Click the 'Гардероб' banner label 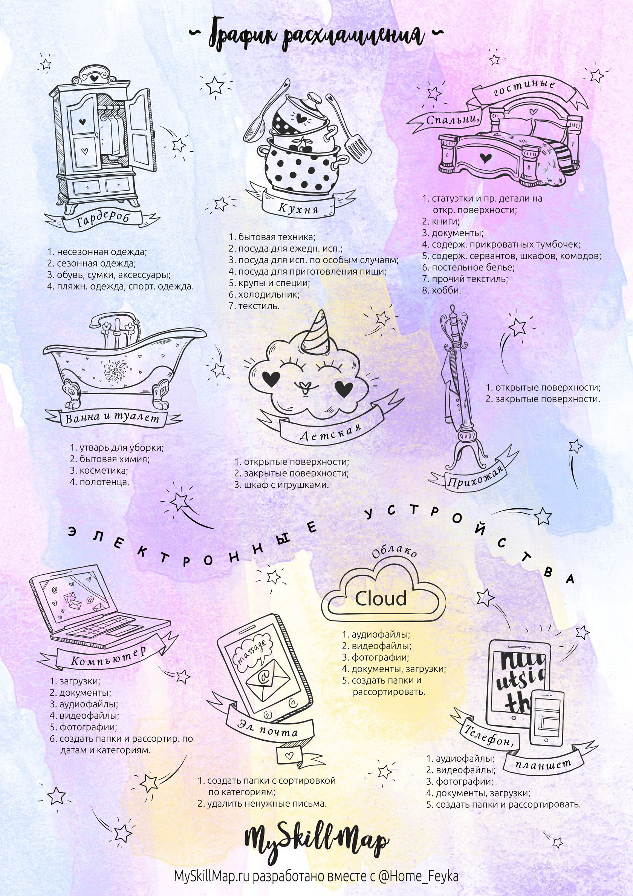pos(102,220)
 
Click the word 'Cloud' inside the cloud pos(381,598)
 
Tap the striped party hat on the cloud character pos(317,331)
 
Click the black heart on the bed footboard pos(485,158)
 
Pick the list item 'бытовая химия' pos(110,459)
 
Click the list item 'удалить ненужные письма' pos(262,804)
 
